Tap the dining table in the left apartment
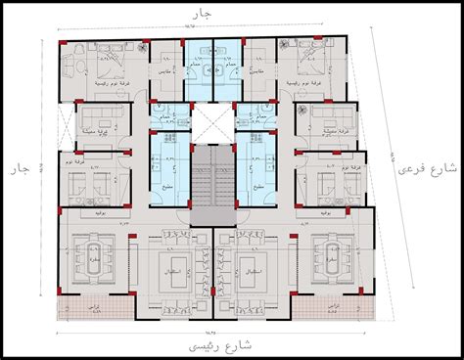point(98,256)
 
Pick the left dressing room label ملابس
point(162,71)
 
